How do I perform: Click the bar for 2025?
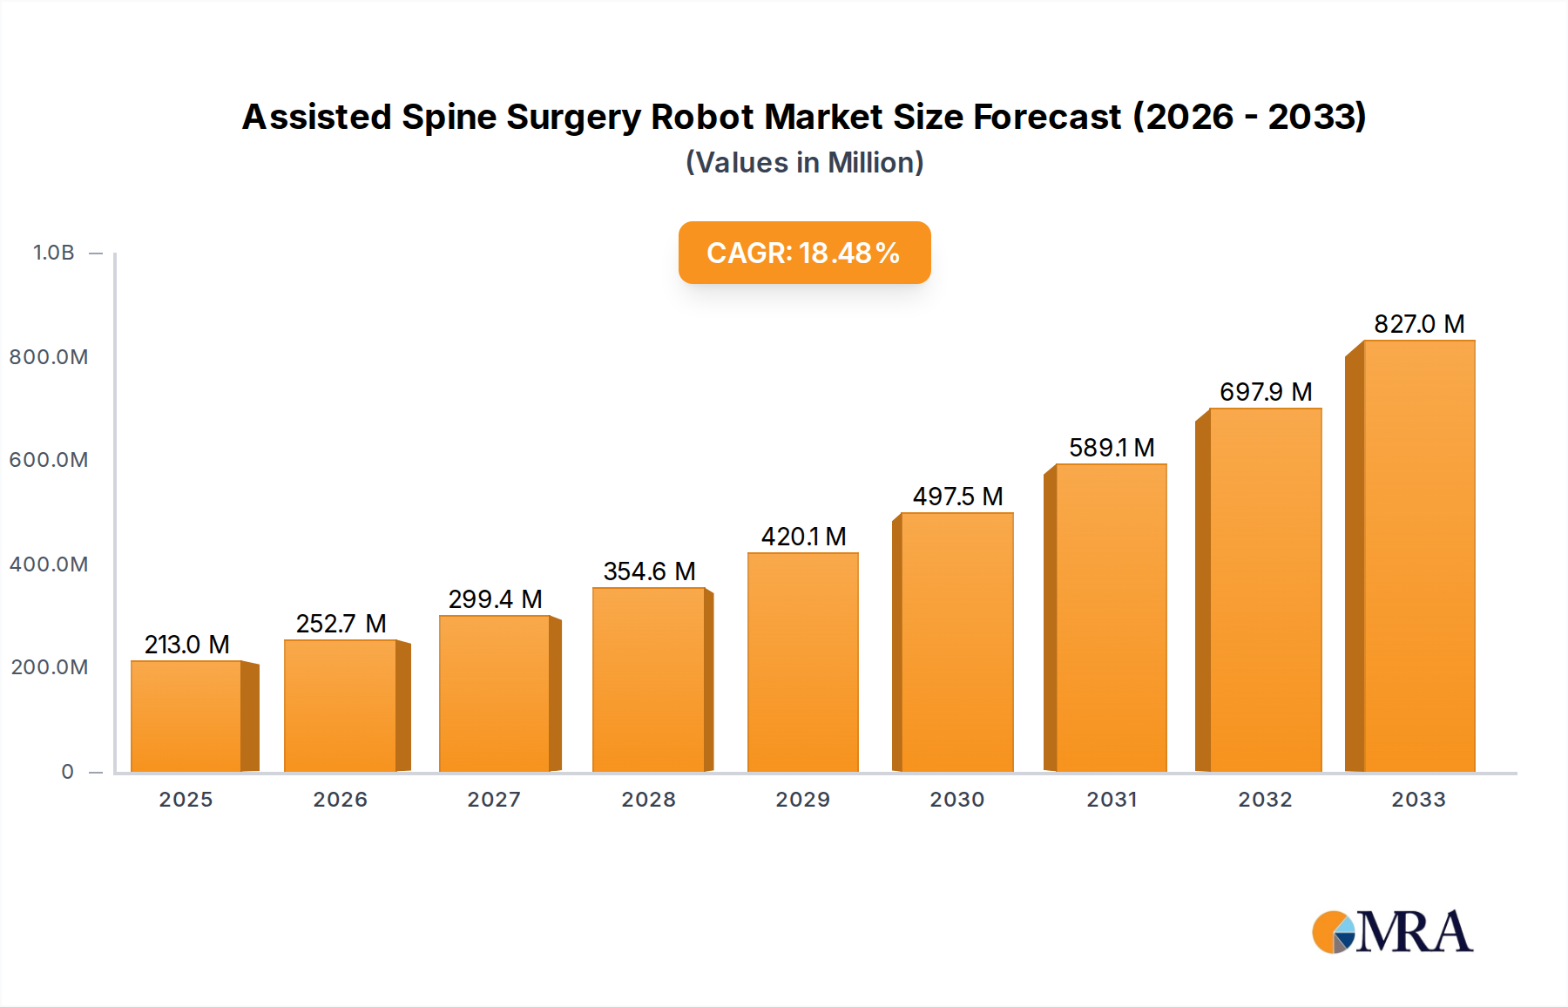tap(186, 716)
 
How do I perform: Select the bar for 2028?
tap(648, 679)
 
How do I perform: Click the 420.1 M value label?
tap(803, 537)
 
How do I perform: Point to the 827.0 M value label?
tap(1418, 324)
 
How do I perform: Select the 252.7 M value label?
tap(341, 624)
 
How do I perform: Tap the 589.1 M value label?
tap(1112, 448)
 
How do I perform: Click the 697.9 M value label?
tap(1265, 392)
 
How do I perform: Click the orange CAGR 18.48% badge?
tap(804, 253)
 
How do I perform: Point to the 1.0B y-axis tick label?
tap(54, 253)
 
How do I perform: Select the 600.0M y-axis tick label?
tap(49, 460)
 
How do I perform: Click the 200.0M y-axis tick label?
tap(50, 667)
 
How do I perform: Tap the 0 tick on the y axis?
tap(68, 772)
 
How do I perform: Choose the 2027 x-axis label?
tap(494, 800)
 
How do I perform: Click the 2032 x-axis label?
tap(1265, 800)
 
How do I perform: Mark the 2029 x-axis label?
tap(802, 800)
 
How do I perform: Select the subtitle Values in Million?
tap(804, 163)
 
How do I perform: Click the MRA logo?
tap(1392, 932)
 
